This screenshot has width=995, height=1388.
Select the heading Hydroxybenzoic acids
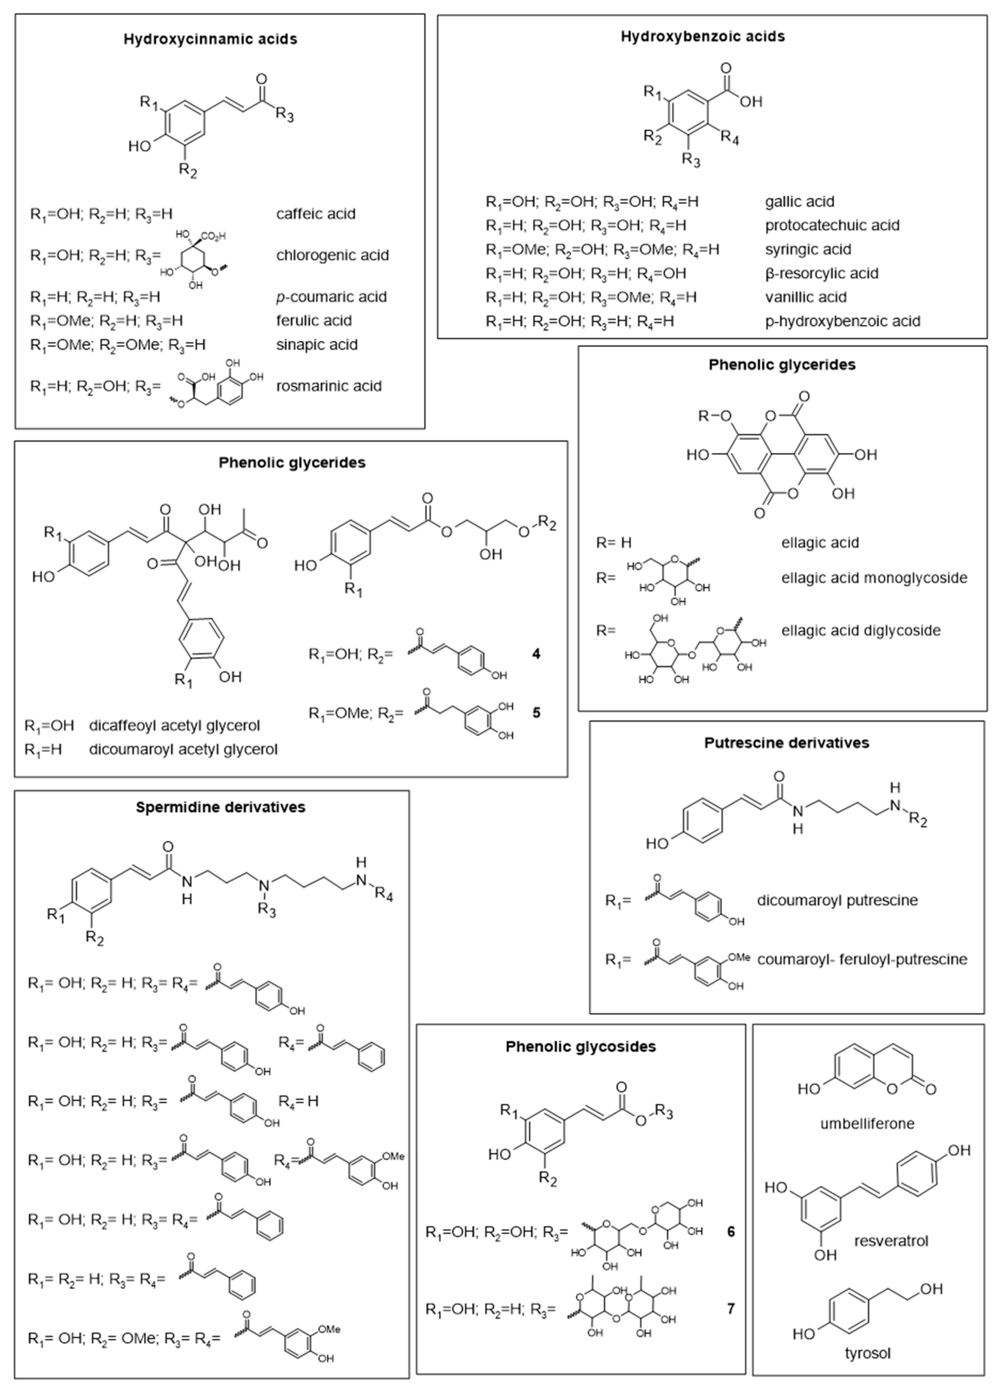[702, 36]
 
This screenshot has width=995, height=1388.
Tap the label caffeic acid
[315, 214]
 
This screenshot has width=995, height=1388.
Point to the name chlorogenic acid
[332, 255]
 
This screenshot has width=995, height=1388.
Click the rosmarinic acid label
[329, 386]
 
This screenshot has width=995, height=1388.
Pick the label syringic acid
[808, 249]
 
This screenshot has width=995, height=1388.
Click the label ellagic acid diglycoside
[860, 630]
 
